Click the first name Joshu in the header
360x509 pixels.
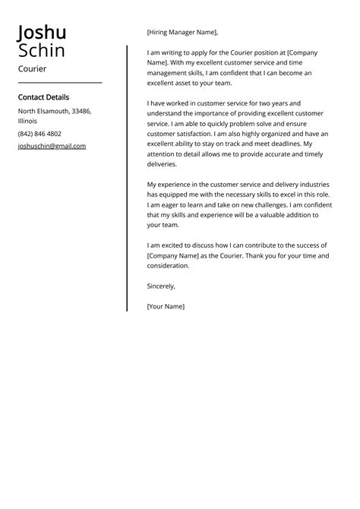[x=42, y=33]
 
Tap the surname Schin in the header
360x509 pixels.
[x=42, y=51]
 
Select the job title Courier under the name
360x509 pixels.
[x=32, y=69]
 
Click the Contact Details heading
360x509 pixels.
[x=43, y=97]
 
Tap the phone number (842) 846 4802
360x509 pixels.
[x=39, y=134]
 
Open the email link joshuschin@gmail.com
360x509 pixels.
[x=52, y=146]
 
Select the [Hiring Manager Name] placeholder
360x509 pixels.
[x=182, y=33]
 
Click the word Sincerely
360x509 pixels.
[x=161, y=286]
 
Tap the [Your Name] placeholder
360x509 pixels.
[x=166, y=306]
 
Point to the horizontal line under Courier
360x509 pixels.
[x=59, y=82]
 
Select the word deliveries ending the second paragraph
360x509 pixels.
[x=162, y=164]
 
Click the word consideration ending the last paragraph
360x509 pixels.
[x=168, y=266]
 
